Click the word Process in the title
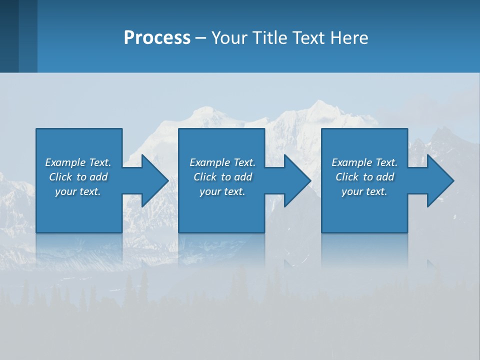click(157, 38)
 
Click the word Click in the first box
click(60, 177)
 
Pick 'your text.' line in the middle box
click(222, 191)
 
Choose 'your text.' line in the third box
click(364, 191)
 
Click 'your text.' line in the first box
click(78, 191)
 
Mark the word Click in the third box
click(347, 177)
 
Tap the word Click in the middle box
click(205, 177)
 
